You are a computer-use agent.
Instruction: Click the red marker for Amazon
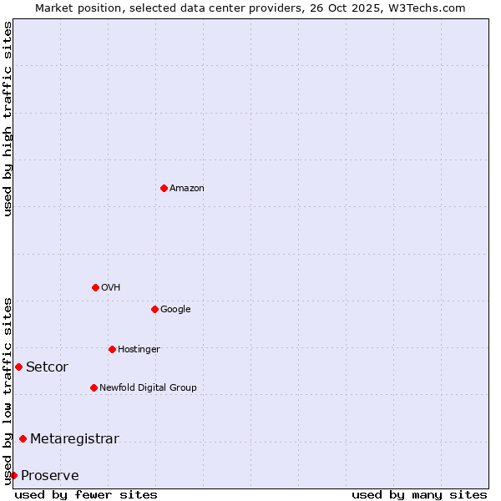(164, 188)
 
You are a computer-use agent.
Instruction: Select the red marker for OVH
(95, 287)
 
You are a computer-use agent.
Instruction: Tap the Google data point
(154, 309)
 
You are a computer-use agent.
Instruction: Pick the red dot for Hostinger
(112, 349)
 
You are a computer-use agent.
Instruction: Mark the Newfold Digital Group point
(94, 387)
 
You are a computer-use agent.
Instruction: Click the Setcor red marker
(18, 367)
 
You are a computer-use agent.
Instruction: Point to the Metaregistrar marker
(23, 438)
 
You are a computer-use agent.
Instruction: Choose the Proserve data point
(13, 475)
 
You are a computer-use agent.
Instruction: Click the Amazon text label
(186, 188)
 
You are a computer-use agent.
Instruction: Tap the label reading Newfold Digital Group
(148, 387)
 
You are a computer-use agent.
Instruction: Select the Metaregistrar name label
(74, 438)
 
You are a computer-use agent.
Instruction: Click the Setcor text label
(47, 367)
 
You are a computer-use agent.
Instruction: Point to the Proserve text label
(49, 475)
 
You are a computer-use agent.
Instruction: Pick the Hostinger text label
(139, 349)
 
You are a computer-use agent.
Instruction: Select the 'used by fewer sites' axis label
(86, 494)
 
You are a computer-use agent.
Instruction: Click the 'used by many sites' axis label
(419, 494)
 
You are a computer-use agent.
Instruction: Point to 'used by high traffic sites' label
(8, 119)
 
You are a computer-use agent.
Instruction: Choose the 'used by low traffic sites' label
(8, 390)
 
